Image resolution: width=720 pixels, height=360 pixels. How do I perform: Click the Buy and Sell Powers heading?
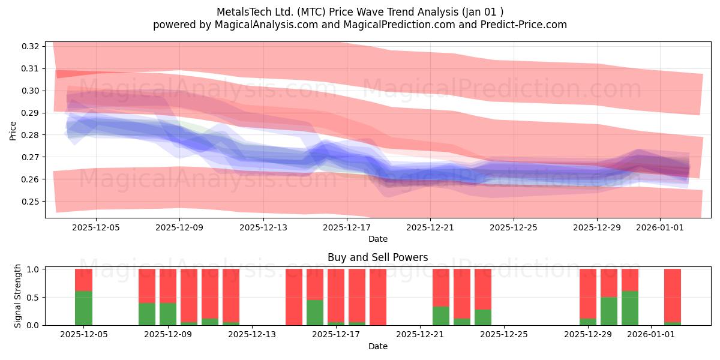377,257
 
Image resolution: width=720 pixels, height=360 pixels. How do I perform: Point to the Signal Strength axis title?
18,296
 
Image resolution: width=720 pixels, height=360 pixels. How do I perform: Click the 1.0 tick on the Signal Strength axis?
32,269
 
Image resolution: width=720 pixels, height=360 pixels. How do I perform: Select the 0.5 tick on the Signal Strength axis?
32,298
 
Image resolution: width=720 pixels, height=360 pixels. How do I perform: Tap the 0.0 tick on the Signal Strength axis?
32,325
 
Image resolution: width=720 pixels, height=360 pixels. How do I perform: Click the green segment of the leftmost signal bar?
83,308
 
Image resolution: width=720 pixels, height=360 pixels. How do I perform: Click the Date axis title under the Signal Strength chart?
377,346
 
